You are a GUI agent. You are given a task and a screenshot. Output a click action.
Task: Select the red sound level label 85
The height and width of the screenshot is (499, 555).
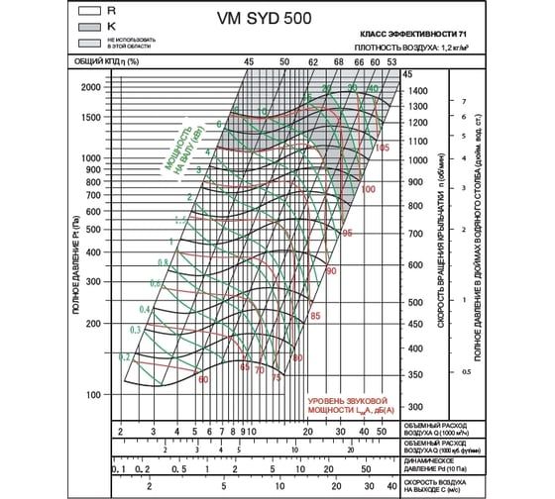tap(315, 315)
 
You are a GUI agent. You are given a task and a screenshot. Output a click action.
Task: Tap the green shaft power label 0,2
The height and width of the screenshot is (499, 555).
tap(125, 355)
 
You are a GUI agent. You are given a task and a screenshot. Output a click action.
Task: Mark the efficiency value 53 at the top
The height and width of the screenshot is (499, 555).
tap(392, 61)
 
